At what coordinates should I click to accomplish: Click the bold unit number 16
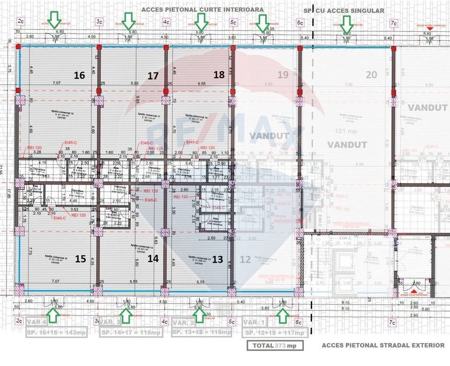(x=80, y=75)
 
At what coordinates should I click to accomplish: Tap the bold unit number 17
(x=153, y=75)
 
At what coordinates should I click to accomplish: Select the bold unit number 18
(x=219, y=74)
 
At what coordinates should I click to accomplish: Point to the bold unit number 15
(x=80, y=258)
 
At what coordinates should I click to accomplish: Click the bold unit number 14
(x=153, y=258)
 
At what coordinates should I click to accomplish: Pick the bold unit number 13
(x=217, y=258)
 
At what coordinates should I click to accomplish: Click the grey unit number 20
(x=371, y=74)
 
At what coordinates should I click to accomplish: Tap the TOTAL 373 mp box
(x=275, y=345)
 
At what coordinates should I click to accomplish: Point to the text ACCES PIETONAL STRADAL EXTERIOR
(x=383, y=345)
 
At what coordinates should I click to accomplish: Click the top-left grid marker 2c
(x=21, y=22)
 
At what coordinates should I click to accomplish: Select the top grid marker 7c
(x=394, y=22)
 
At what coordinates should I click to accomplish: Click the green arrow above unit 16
(x=55, y=20)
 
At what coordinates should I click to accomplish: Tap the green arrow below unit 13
(x=199, y=316)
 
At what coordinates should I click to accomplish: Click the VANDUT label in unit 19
(x=264, y=136)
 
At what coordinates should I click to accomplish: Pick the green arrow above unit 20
(x=346, y=22)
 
